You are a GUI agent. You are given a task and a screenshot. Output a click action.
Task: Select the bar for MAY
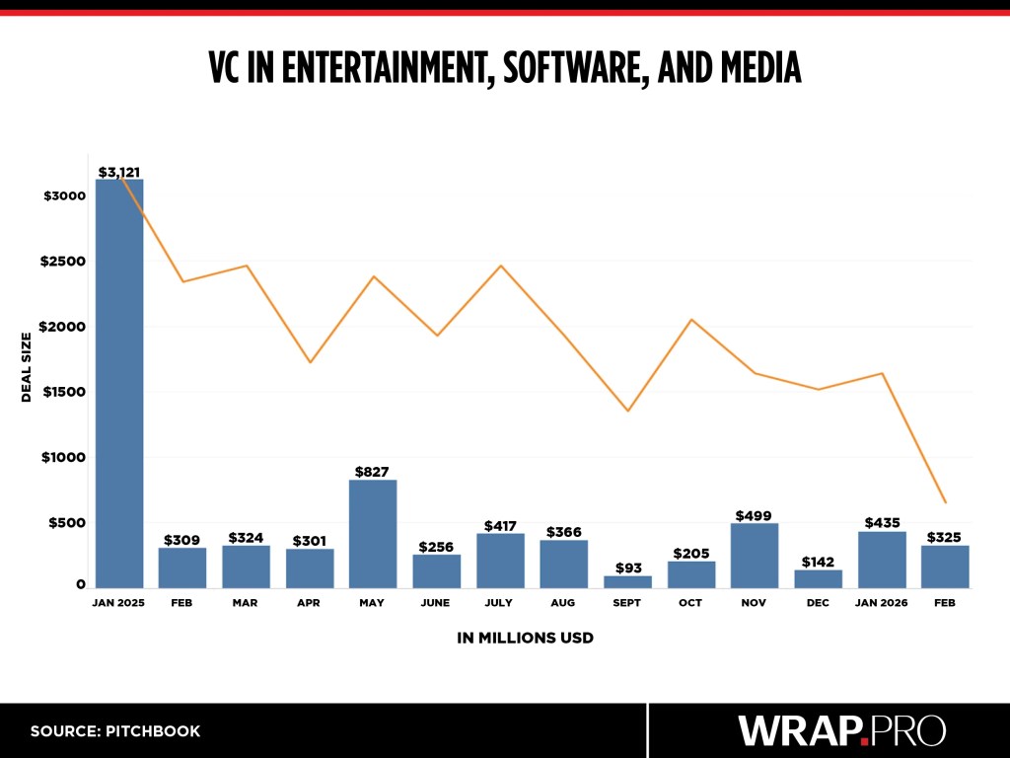(373, 534)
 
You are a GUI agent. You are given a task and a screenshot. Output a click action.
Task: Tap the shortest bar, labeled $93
(627, 581)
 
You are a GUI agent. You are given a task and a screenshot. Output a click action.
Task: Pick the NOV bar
(755, 556)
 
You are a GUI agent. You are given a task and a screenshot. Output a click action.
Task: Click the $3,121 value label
(119, 172)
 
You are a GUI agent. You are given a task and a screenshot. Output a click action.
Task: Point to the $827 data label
(373, 472)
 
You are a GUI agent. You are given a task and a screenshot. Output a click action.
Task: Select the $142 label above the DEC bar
(818, 562)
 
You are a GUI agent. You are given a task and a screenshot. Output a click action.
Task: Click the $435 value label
(882, 523)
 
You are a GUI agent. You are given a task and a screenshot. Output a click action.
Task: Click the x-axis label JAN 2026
(882, 602)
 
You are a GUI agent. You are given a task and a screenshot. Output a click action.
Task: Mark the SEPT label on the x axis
(627, 602)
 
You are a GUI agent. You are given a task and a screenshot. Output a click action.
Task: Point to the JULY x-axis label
(500, 602)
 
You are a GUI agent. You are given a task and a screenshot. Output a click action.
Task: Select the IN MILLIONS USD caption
(525, 638)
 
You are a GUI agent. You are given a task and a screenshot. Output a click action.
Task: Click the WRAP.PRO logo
(841, 730)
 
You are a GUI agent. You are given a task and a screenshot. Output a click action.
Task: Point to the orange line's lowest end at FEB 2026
(945, 502)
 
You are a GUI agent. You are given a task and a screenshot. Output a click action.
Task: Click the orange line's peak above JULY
(500, 265)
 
